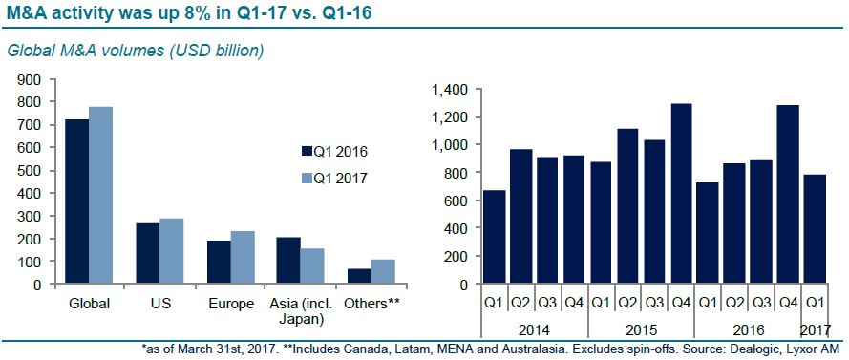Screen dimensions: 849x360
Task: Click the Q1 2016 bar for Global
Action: pos(77,201)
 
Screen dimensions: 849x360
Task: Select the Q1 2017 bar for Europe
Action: pos(243,258)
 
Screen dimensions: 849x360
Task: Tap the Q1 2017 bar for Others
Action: pos(384,272)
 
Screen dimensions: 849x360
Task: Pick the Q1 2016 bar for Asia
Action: pos(289,261)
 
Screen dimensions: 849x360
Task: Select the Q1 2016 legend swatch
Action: pos(306,151)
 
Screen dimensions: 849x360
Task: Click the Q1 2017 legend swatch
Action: pos(306,177)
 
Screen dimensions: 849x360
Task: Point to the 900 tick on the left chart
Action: pos(31,79)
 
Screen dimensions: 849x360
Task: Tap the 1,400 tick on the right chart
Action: pos(451,90)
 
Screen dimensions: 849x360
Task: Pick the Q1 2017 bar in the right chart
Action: pos(811,229)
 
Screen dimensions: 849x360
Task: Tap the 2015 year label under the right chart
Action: pos(641,329)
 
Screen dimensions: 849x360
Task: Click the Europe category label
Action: pos(231,304)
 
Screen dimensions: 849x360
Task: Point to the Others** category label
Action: pos(372,303)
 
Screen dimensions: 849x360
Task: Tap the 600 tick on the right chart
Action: pos(457,201)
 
